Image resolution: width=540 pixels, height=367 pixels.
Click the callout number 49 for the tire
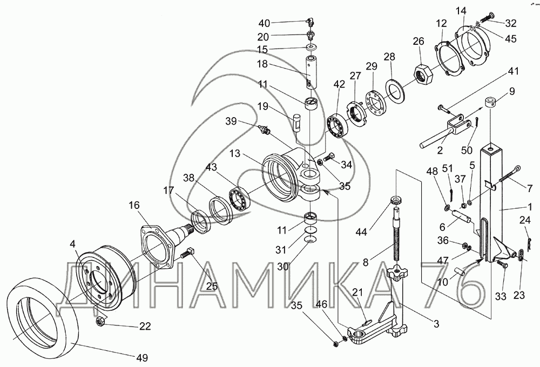pyautogui.click(x=141, y=358)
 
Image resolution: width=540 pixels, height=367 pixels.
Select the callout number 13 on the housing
pyautogui.click(x=235, y=153)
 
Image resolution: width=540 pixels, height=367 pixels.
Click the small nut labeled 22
pyautogui.click(x=100, y=322)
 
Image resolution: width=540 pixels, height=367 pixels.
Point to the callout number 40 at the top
pyautogui.click(x=264, y=23)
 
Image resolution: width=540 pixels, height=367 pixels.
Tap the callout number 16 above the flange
pyautogui.click(x=134, y=206)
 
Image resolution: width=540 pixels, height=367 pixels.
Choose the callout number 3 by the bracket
pyautogui.click(x=436, y=324)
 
